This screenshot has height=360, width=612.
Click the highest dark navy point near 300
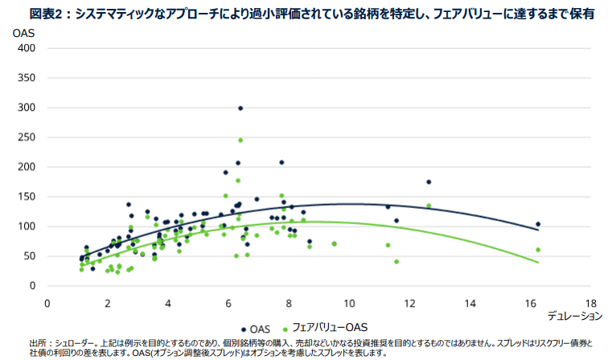point(240,108)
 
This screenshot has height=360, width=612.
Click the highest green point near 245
point(240,140)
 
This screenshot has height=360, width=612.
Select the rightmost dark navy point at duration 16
point(538,224)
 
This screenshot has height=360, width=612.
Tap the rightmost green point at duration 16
point(538,249)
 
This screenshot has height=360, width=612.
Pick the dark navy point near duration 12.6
point(429,182)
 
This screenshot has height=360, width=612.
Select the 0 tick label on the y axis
point(33,286)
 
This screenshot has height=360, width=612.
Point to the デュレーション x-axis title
point(574,316)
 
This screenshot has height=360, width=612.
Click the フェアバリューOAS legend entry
point(327,329)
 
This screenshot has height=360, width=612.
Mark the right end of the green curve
point(538,262)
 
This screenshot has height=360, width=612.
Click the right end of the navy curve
point(538,230)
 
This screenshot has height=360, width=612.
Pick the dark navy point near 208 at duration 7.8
point(281,162)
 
